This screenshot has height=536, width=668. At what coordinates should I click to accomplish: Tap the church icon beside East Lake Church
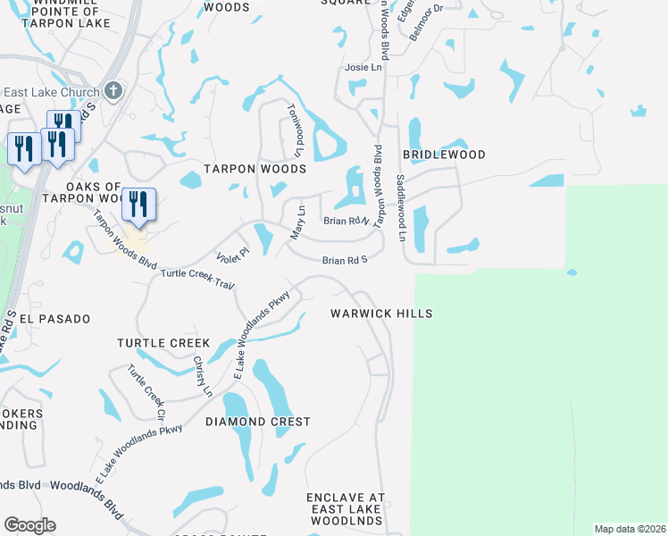coord(113,90)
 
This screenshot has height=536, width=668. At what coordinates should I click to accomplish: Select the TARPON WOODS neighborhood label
coord(255,168)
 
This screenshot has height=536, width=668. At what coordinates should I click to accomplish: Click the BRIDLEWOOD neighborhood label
coord(444,155)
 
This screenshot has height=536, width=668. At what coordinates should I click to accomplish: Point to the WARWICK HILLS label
coord(381,314)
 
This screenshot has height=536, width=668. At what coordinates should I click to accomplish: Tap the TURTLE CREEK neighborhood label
coord(163,343)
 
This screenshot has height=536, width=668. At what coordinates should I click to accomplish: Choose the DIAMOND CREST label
coord(258,421)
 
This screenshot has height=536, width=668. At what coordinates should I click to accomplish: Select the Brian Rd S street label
coord(346,260)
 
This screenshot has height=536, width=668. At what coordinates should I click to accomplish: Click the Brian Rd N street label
coord(347,221)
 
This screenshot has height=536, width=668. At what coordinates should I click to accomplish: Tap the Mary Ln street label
coord(298,222)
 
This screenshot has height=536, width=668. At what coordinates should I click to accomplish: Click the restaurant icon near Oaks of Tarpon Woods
coord(138,204)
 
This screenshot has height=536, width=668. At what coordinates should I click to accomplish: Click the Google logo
coord(29,525)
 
